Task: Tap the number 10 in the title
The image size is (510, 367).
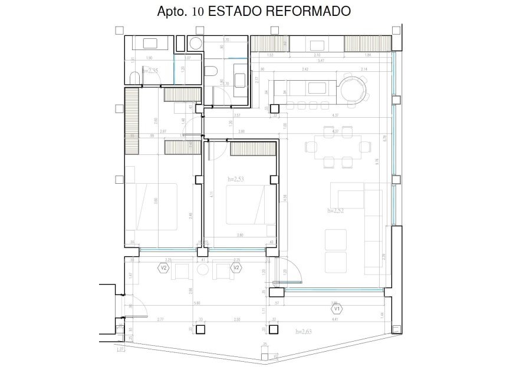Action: point(199,11)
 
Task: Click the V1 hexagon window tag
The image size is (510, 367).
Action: point(336,308)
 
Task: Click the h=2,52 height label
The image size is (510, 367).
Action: point(336,209)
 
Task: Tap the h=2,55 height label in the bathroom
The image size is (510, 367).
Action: point(150,70)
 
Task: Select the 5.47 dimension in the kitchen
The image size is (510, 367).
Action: point(320,61)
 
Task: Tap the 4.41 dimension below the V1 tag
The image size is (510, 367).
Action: point(336,319)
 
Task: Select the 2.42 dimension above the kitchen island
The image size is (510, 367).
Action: point(305,70)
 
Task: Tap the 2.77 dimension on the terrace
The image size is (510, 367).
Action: point(160,319)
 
